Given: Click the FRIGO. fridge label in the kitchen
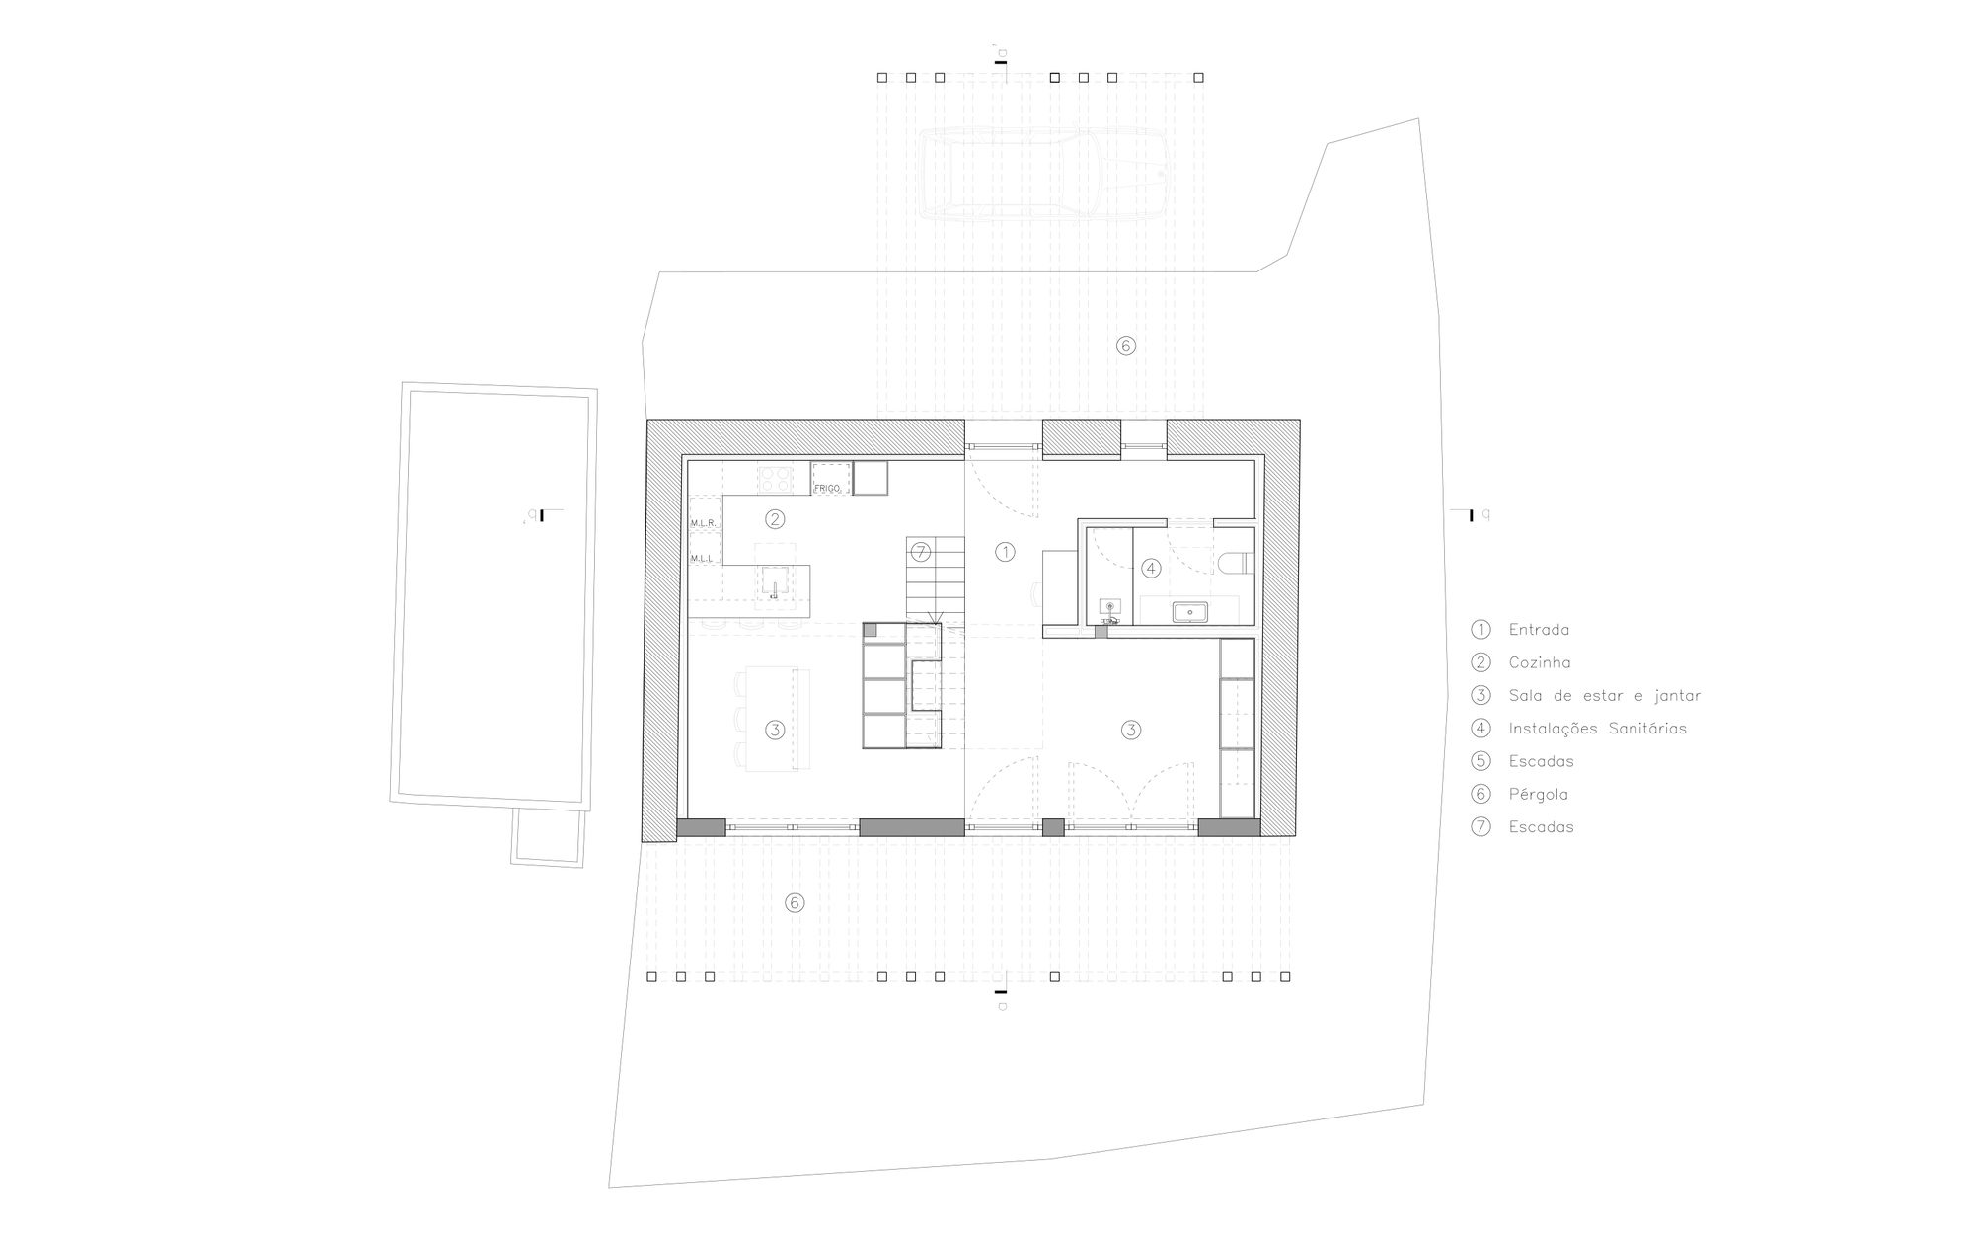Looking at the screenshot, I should point(827,488).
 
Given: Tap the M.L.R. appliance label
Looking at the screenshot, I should point(703,523).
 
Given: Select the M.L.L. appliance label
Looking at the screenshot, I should point(702,559).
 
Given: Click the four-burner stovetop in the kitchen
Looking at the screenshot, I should point(775,479).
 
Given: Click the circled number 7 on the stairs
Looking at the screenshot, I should point(920,551).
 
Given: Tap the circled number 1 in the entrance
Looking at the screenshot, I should point(1005,552).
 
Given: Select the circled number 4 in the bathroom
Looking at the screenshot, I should point(1150,568).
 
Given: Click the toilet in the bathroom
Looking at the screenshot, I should point(1235,564).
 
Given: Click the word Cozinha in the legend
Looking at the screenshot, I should point(1539,662).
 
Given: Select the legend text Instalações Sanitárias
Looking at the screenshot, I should point(1597,729).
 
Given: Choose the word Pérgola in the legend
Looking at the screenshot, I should point(1538,794).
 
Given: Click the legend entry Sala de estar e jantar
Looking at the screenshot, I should point(1604,696).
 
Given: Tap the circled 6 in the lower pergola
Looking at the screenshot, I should point(795,902).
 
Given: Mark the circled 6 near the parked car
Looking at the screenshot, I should point(1126,346).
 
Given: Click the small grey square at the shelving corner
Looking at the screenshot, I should point(870,629).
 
